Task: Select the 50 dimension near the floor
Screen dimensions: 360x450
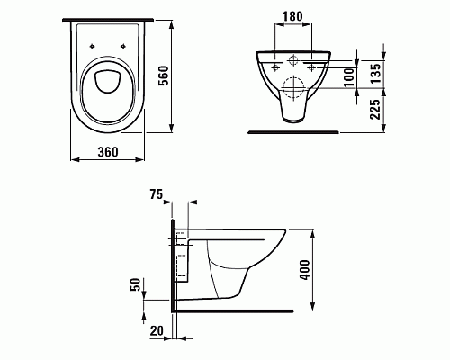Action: [136, 287]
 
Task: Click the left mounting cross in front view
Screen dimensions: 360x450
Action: [272, 67]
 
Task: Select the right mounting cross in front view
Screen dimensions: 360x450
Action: [310, 67]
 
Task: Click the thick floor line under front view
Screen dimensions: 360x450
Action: [292, 132]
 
